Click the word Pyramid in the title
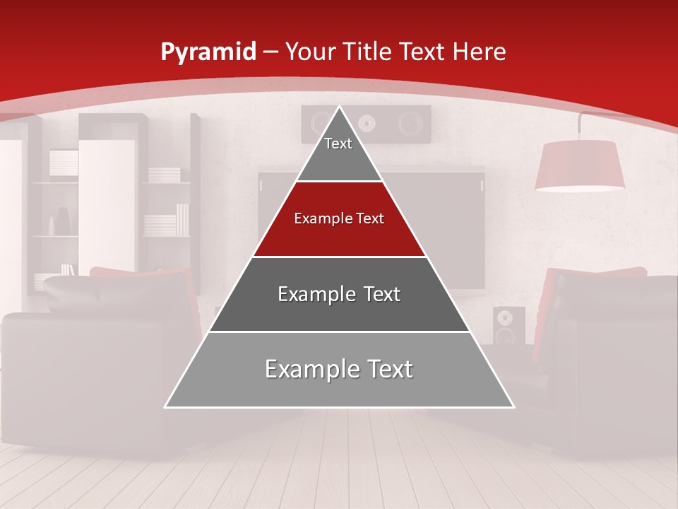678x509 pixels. pos(208,52)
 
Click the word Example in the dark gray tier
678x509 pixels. pos(311,294)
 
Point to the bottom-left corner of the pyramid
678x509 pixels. pos(166,406)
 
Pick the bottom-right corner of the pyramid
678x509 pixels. pos(513,406)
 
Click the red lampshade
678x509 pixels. pos(579,165)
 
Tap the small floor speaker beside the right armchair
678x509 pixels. pos(509,325)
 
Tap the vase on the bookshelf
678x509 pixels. pos(61,221)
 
